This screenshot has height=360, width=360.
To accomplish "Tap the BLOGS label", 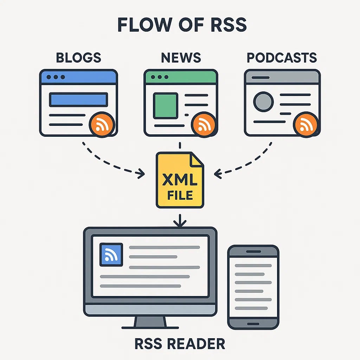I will (78, 58).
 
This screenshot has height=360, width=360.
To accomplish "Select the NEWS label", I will (181, 58).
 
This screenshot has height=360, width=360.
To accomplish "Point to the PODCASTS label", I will (282, 58).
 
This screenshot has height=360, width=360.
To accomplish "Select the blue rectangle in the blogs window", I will (78, 99).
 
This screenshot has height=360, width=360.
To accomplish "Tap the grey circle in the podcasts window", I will (263, 102).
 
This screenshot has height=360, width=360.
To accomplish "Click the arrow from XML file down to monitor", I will (180, 219).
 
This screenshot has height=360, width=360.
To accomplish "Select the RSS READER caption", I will (180, 343).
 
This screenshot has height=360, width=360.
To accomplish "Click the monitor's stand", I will (150, 322).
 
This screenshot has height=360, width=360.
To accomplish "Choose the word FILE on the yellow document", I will (180, 194).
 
